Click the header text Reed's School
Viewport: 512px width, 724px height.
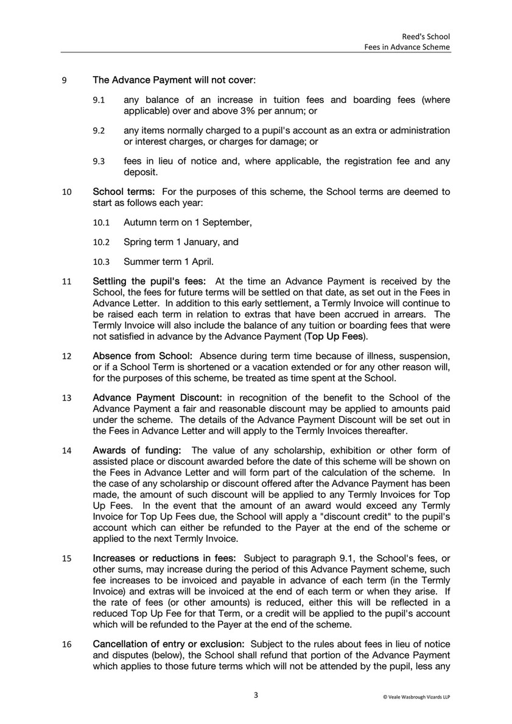tap(430, 35)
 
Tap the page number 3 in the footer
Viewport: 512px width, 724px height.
tap(256, 695)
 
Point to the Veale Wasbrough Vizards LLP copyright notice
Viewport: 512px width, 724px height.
tap(416, 697)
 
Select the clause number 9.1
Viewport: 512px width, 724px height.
tap(99, 100)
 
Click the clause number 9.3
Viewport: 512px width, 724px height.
tap(99, 161)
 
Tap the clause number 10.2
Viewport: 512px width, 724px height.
tap(100, 242)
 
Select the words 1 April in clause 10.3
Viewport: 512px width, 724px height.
tap(197, 262)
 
